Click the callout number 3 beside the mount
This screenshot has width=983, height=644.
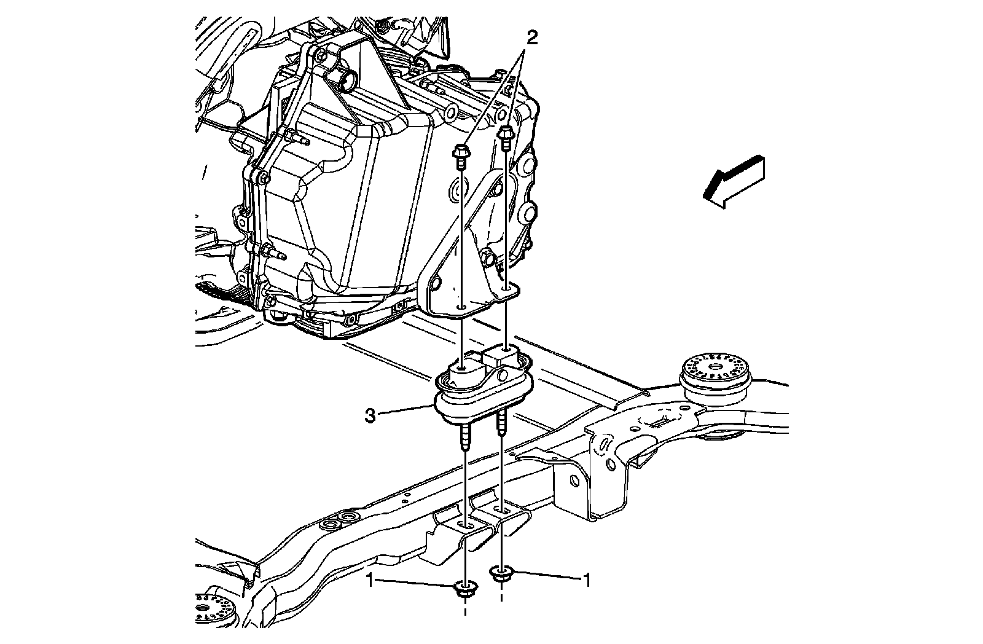coord(370,416)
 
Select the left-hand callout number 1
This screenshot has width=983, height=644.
coord(370,579)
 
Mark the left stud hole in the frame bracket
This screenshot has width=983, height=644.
coord(467,525)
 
